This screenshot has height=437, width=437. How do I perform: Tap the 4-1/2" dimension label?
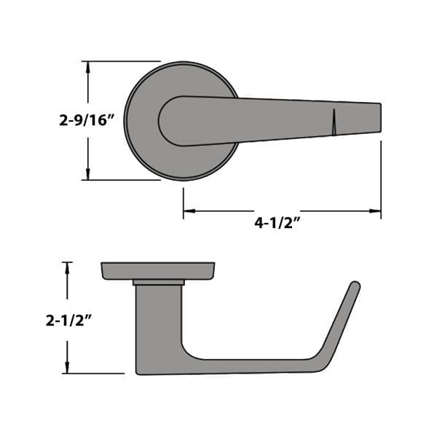pyautogui.click(x=277, y=224)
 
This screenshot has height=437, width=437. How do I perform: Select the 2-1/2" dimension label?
pyautogui.click(x=67, y=320)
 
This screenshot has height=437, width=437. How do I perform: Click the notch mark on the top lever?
pyautogui.click(x=334, y=122)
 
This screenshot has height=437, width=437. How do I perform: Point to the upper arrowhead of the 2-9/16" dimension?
pyautogui.click(x=88, y=67)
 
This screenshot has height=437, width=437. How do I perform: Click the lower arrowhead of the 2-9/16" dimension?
pyautogui.click(x=88, y=174)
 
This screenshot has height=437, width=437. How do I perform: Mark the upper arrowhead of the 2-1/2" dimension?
pyautogui.click(x=67, y=267)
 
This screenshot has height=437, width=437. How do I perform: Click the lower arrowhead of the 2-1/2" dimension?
pyautogui.click(x=67, y=368)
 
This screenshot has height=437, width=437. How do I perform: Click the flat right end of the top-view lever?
pyautogui.click(x=379, y=117)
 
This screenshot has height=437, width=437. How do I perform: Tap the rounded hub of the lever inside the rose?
pyautogui.click(x=175, y=121)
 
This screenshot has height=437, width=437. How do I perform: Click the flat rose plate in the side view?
pyautogui.click(x=157, y=270)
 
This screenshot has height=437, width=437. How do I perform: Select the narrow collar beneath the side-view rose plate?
pyautogui.click(x=158, y=282)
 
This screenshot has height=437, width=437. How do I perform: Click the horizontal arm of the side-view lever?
pyautogui.click(x=248, y=366)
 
